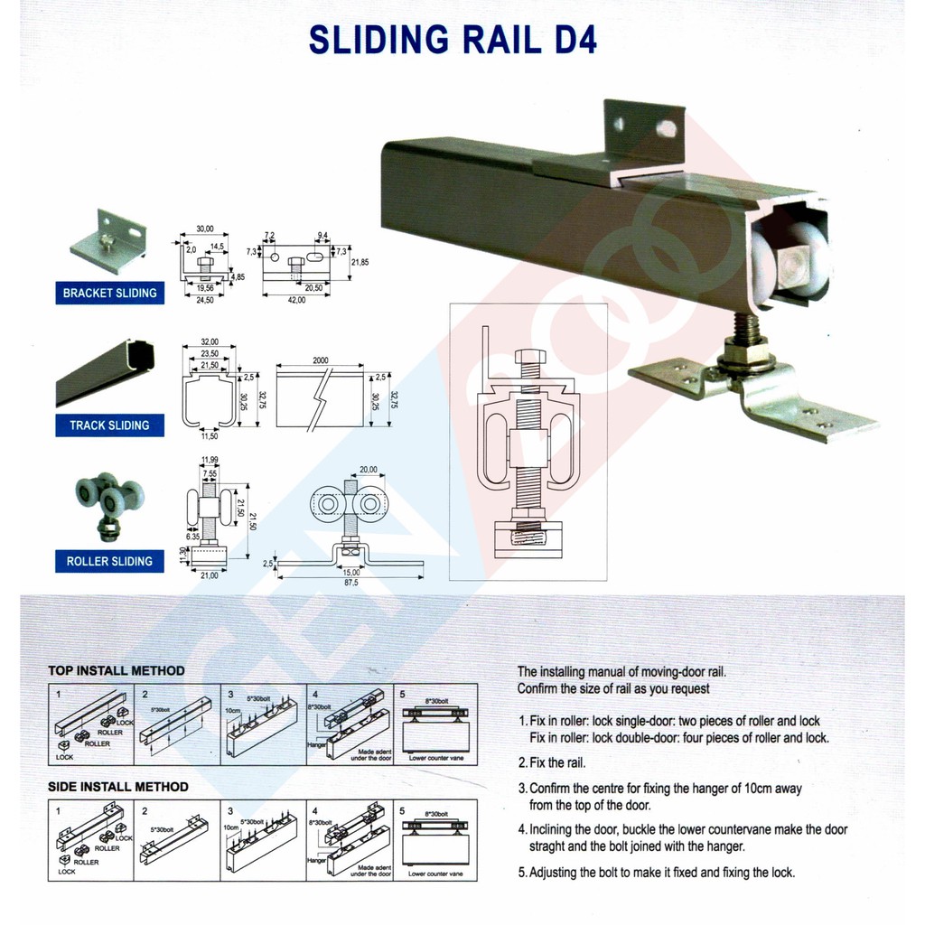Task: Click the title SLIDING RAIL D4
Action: [x=453, y=40]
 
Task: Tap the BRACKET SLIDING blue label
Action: [x=109, y=293]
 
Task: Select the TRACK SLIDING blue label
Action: [x=109, y=425]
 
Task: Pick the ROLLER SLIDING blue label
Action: [x=109, y=561]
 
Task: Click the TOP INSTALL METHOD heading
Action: [x=117, y=671]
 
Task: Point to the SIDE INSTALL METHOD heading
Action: [x=118, y=787]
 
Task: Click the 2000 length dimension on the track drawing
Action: [x=320, y=360]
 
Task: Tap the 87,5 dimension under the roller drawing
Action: [x=350, y=584]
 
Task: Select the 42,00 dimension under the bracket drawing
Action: [x=296, y=300]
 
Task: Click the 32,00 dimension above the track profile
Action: [x=209, y=342]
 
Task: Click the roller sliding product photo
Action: [x=108, y=503]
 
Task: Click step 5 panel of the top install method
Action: [x=434, y=724]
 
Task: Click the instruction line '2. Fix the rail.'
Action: [x=552, y=763]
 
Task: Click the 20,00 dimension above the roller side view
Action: [x=368, y=470]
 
